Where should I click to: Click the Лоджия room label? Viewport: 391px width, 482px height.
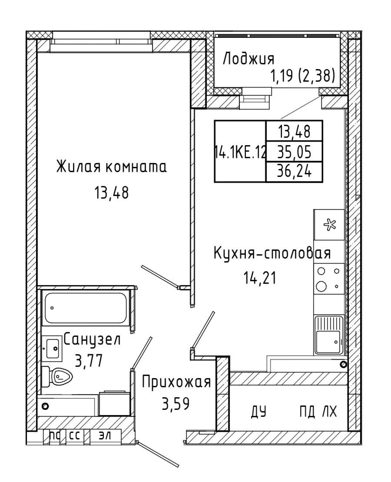coord(248,59)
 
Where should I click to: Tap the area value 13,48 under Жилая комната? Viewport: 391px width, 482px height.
coord(111,193)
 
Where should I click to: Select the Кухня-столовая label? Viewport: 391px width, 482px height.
coord(272,253)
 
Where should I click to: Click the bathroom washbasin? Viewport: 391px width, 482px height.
coord(52,348)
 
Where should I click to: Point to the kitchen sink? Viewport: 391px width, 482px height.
coord(329,335)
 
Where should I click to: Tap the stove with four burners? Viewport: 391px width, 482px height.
coord(329,279)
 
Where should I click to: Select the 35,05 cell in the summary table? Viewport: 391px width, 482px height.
coord(294,152)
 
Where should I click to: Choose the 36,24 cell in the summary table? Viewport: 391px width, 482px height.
coord(294,172)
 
